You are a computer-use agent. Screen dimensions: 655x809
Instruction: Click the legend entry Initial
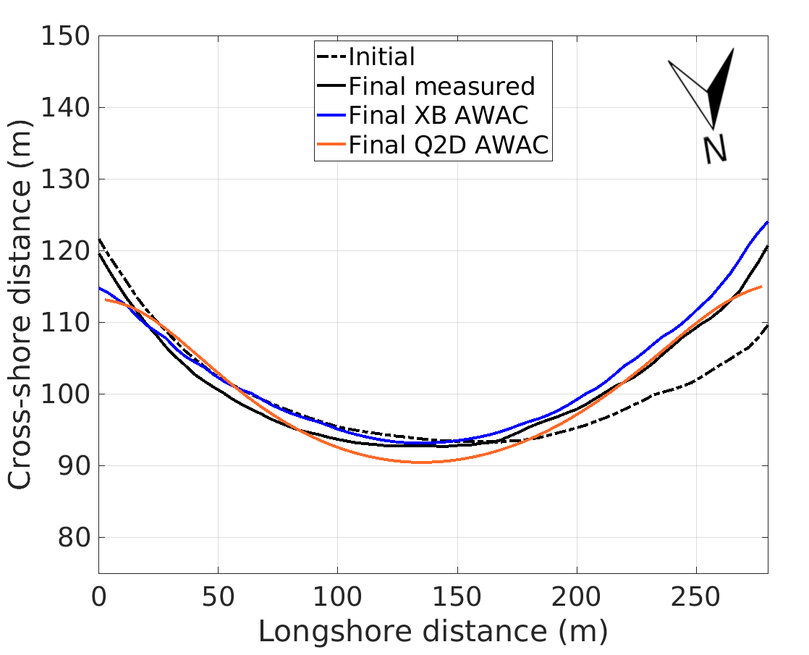[381, 56]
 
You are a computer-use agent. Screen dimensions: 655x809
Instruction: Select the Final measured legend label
[441, 87]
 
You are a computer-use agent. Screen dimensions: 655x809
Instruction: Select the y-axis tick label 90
[75, 466]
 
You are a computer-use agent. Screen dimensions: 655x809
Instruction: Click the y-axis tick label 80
[75, 538]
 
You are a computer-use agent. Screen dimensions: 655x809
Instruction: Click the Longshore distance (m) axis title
[433, 632]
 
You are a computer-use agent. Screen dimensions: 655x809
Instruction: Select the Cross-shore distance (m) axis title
[22, 305]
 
